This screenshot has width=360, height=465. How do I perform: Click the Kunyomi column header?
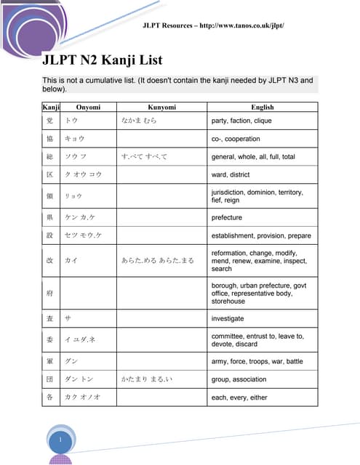[162, 107]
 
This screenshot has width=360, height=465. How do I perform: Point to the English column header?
[263, 107]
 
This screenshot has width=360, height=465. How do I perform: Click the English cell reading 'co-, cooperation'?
[236, 139]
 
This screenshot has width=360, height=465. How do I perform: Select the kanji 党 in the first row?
[49, 121]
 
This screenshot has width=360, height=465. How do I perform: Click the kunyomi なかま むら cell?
[140, 121]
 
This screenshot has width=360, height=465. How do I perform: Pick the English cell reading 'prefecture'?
[226, 217]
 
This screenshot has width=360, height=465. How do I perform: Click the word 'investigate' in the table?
[228, 318]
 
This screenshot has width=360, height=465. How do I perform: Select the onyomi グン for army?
[71, 360]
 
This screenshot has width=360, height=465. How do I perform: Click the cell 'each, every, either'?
[239, 397]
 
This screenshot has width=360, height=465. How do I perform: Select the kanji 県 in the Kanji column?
[49, 217]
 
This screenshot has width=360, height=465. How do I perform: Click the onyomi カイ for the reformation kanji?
[71, 259]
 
